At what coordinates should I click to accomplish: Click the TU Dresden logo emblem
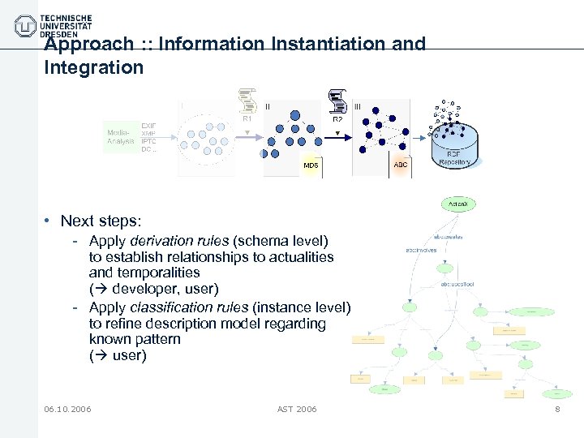26,26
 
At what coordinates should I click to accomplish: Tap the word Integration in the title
93,67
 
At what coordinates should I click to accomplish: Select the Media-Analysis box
122,136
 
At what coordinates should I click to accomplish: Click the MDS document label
311,165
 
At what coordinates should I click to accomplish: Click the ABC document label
401,165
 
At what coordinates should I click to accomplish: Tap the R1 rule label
247,118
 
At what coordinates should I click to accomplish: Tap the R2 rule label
337,119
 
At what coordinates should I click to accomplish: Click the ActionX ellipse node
458,204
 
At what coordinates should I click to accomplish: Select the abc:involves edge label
421,250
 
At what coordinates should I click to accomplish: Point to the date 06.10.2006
68,409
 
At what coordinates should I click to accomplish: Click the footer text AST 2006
297,409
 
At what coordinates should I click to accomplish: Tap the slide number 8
557,409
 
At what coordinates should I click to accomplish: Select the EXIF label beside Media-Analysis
148,126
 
